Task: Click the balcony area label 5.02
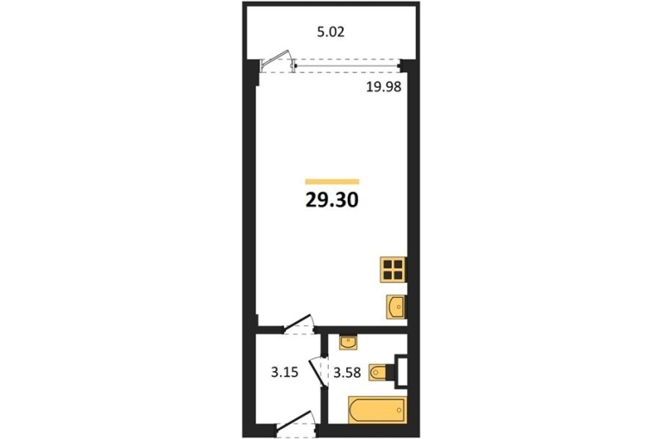(x=331, y=32)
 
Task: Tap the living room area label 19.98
(x=383, y=87)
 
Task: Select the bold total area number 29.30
(x=331, y=201)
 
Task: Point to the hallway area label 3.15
(x=284, y=373)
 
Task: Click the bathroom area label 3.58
(x=347, y=373)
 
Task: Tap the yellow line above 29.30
(x=332, y=182)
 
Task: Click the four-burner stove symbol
(x=393, y=269)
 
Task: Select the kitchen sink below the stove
(x=397, y=306)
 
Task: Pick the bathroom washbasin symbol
(x=349, y=343)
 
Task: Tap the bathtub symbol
(x=377, y=410)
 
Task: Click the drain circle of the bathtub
(x=399, y=410)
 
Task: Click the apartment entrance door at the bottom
(x=295, y=421)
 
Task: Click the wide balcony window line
(x=348, y=66)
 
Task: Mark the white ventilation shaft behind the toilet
(x=402, y=371)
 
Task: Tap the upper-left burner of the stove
(x=387, y=265)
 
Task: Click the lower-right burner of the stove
(x=398, y=275)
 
